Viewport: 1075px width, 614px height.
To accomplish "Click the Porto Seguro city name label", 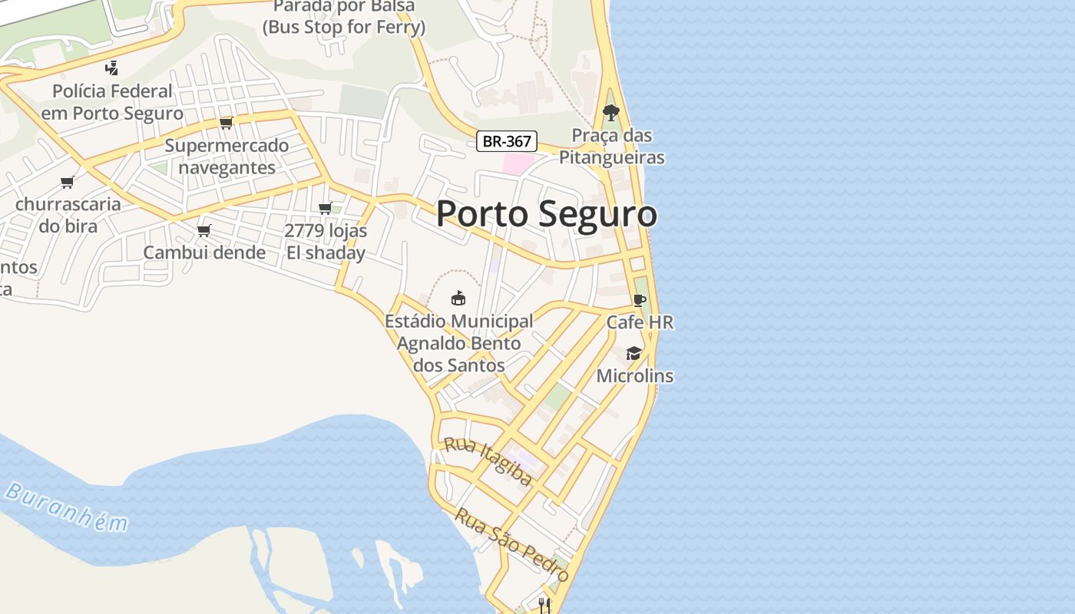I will point(546,213).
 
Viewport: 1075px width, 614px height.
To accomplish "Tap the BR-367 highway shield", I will point(507,141).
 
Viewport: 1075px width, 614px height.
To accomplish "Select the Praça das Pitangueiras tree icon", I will point(611,112).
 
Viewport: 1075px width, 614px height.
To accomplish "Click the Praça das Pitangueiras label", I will point(611,147).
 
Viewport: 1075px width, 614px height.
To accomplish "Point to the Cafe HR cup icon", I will point(640,300).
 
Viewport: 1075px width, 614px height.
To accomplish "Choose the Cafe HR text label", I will point(640,322).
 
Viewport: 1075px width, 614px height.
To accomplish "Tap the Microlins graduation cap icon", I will point(633,353).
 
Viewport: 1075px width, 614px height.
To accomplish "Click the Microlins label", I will point(635,376).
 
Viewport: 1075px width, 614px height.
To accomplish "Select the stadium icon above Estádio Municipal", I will point(458,298).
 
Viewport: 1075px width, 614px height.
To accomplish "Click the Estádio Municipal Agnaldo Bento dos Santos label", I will point(459,343).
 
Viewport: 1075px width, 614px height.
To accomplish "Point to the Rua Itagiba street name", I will point(488,461).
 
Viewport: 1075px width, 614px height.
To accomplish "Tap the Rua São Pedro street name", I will point(511,544).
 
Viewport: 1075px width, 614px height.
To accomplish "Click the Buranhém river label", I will point(66,507).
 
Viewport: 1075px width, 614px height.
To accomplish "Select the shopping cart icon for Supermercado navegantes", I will point(226,123).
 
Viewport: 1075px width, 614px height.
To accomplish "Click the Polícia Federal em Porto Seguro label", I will point(112,102).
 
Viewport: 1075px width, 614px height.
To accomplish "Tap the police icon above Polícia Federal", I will point(112,68).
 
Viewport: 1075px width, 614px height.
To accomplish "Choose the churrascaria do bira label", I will point(68,215).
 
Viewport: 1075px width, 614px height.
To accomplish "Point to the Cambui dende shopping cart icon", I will point(204,230).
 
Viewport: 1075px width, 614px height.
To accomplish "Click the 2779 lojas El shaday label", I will point(326,242).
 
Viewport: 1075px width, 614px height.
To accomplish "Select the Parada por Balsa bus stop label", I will point(343,18).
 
